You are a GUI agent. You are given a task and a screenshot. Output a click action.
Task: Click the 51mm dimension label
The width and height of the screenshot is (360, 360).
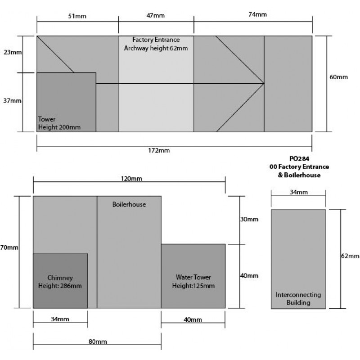tap(77, 16)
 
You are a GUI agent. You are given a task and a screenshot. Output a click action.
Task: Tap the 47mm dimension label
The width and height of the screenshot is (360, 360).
tap(155, 15)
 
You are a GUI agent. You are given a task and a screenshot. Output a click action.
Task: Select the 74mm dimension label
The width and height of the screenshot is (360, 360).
tap(257, 14)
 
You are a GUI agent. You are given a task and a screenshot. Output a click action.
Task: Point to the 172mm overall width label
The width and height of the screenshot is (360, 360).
tap(159, 150)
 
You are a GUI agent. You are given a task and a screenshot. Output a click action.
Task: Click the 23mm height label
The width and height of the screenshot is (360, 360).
tap(13, 52)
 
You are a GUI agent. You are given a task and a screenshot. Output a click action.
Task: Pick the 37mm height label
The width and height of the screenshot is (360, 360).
tap(12, 100)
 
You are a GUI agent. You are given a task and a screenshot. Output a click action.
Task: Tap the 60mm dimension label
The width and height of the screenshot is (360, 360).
tap(339, 77)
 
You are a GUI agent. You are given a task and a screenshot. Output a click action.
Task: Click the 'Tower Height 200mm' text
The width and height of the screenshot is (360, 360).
tap(59, 123)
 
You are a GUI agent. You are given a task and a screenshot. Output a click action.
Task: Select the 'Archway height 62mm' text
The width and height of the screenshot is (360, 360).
tap(156, 48)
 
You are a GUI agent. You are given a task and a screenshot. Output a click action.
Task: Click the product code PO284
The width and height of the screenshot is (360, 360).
tap(299, 159)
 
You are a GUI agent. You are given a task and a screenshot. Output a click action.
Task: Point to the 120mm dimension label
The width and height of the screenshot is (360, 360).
tap(131, 178)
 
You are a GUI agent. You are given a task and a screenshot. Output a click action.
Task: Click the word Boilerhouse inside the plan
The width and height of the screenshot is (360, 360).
tap(129, 204)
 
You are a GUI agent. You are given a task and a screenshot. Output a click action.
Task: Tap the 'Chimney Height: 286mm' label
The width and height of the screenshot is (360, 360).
tap(60, 282)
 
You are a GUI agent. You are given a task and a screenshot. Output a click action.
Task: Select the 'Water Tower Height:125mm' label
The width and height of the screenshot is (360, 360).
tap(193, 281)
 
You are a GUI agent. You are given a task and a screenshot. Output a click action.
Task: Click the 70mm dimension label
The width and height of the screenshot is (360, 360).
tap(9, 247)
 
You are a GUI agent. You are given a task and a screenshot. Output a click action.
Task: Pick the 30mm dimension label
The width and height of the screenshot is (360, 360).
tap(249, 219)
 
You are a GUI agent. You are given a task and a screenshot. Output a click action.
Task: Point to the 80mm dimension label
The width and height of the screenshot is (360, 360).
tap(98, 342)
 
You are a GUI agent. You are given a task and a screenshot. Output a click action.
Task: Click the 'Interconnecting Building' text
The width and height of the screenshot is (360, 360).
tap(298, 298)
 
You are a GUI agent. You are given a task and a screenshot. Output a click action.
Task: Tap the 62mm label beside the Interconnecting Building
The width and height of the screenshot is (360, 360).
tap(350, 256)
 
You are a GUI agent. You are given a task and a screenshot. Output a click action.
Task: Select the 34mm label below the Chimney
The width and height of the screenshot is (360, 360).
tap(60, 319)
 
